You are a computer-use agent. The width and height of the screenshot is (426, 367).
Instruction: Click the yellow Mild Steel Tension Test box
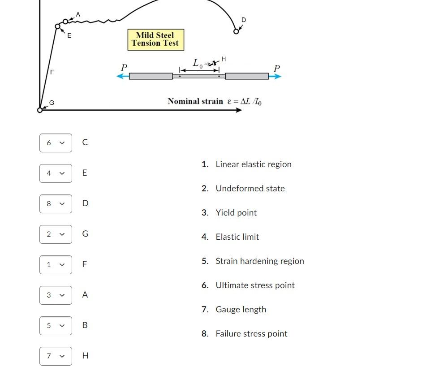tap(155, 39)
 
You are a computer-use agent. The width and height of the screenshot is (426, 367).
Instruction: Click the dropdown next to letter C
tap(56, 143)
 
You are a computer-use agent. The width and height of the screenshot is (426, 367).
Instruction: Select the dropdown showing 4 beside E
tap(56, 173)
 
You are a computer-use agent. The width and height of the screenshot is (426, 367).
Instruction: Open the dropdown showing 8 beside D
tap(56, 204)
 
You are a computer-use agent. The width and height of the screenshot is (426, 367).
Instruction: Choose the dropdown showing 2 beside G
tap(56, 234)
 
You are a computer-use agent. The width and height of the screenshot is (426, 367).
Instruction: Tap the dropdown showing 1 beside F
tap(56, 265)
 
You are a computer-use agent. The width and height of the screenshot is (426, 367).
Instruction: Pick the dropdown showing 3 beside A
tap(56, 295)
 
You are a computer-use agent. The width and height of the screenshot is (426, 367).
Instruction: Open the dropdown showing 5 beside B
tap(56, 326)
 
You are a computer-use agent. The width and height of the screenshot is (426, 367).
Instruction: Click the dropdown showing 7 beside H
tap(56, 356)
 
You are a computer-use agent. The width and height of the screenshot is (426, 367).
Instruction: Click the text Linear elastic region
tap(253, 164)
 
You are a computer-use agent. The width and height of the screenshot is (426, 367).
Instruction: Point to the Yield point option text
tap(236, 213)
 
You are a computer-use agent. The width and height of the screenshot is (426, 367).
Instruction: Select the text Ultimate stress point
tap(255, 285)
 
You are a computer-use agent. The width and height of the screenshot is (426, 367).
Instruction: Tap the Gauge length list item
tap(241, 310)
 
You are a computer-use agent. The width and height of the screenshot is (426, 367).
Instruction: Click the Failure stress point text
tap(251, 334)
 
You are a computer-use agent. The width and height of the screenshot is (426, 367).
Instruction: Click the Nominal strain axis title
tap(215, 101)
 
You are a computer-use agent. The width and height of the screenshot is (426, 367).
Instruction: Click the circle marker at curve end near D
tap(236, 31)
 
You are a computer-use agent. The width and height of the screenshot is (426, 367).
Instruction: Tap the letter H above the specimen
tap(224, 59)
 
